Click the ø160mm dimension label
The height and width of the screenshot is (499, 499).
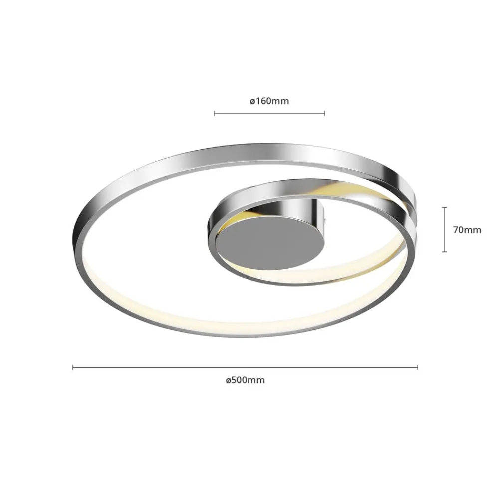coord(269,101)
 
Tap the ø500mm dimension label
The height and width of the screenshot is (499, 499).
coord(245,380)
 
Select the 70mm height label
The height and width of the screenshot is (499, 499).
coord(467,230)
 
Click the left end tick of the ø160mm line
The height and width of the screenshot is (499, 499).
coord(215,113)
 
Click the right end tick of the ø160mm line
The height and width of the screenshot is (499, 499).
coord(325,113)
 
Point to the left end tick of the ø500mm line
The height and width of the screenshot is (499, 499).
coord(73,367)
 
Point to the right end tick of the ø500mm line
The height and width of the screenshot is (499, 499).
coord(418,367)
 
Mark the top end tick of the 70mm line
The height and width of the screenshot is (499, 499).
coord(445,207)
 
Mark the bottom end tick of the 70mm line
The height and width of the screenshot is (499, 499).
coord(445,251)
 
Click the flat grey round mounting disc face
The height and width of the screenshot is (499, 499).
coord(270,245)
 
